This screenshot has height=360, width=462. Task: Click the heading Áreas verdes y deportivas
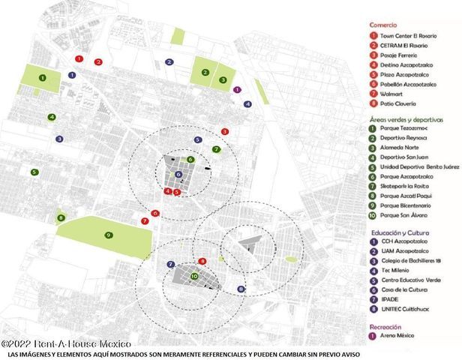click(406, 119)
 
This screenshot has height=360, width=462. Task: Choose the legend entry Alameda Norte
click(402, 147)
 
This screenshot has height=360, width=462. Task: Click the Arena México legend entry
click(398, 337)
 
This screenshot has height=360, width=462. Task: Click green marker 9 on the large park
click(109, 235)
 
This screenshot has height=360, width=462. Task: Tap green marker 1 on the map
click(43, 77)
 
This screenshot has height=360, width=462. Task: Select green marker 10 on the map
click(194, 276)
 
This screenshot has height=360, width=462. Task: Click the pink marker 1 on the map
click(238, 90)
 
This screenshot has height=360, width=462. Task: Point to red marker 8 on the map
click(202, 261)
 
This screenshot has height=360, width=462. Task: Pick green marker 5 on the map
click(34, 172)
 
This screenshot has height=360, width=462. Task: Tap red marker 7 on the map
click(145, 221)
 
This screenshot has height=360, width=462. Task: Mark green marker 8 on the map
click(60, 218)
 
